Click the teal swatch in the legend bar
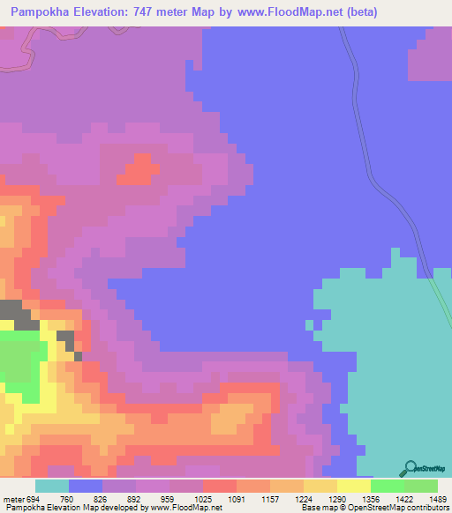click(52, 486)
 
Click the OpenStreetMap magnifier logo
click(411, 468)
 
